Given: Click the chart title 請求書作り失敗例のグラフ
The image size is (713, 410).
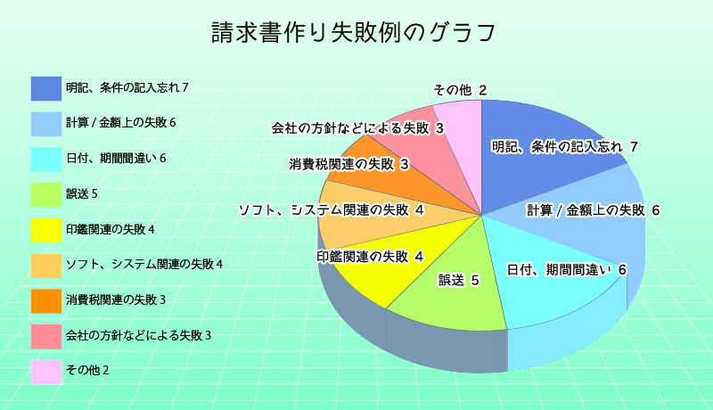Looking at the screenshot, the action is (x=353, y=32).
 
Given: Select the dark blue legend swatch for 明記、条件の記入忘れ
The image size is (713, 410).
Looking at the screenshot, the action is (x=46, y=88).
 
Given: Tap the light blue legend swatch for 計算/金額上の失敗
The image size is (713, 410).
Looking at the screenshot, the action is (x=46, y=124).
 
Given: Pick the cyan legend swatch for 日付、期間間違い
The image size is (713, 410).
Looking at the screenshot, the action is (x=46, y=159).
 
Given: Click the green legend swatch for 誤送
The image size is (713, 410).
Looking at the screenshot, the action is (x=46, y=194).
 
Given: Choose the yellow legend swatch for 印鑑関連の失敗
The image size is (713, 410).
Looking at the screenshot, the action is (x=46, y=230).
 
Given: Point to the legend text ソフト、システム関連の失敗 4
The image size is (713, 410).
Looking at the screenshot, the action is (x=144, y=264).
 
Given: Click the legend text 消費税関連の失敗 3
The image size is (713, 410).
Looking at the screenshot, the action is (x=116, y=299).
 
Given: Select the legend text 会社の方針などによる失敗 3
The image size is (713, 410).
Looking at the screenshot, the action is (x=139, y=335).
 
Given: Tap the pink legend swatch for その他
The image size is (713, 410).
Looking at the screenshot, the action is (x=46, y=372).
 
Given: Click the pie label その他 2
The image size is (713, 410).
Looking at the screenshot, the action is (x=460, y=90).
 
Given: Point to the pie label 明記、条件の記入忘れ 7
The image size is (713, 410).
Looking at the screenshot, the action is (x=565, y=147).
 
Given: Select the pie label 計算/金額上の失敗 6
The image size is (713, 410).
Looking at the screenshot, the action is (x=593, y=210).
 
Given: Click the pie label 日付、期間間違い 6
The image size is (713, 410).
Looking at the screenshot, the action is (x=567, y=269).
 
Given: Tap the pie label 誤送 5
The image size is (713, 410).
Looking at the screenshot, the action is (x=459, y=280).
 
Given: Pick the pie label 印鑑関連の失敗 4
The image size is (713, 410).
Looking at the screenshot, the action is (x=370, y=257).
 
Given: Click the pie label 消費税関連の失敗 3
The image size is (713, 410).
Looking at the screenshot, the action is (x=349, y=164).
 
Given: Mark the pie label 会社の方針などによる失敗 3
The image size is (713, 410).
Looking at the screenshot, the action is (x=357, y=128).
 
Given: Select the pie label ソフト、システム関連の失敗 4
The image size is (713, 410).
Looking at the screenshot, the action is (x=332, y=210).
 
